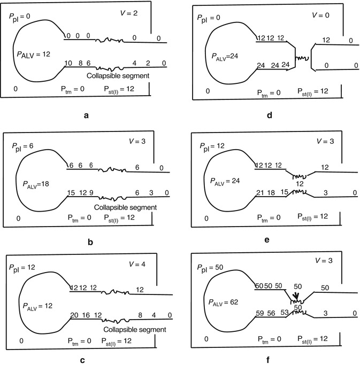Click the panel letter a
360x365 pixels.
(x=86, y=115)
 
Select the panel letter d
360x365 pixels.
(x=270, y=114)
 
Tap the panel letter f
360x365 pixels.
(x=268, y=360)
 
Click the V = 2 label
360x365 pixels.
(x=129, y=13)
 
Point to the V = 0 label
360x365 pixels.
(x=320, y=15)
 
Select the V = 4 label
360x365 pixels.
(x=137, y=264)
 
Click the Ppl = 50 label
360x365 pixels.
(x=210, y=268)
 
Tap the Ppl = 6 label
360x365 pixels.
(x=22, y=146)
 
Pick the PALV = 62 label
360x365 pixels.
(x=223, y=302)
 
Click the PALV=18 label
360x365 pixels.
(x=36, y=184)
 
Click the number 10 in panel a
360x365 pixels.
(x=68, y=63)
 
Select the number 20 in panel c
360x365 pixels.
(x=74, y=315)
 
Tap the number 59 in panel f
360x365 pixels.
(x=260, y=313)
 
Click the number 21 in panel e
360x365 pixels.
(x=260, y=193)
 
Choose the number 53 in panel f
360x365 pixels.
(x=285, y=313)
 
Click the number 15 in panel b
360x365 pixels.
(x=71, y=193)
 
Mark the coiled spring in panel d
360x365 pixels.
(x=302, y=58)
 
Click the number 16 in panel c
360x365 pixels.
(x=86, y=315)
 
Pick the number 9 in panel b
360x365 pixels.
(x=91, y=193)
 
